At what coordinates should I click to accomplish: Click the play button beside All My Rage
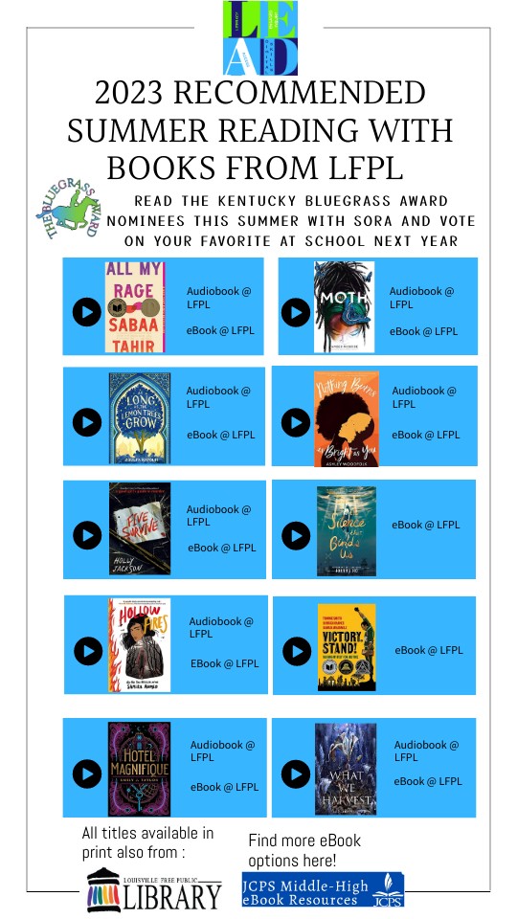(x=86, y=312)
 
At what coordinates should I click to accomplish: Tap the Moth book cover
(x=344, y=306)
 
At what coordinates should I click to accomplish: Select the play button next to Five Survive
(x=87, y=534)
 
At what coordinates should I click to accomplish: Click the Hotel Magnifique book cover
(x=139, y=769)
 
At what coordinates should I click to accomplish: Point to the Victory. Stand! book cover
(x=347, y=647)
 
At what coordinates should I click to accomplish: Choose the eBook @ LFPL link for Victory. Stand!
(x=428, y=650)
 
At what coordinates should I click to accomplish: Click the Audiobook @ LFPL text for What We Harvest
(x=426, y=751)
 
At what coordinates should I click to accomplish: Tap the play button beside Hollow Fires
(x=88, y=652)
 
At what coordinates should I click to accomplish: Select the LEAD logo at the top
(x=260, y=38)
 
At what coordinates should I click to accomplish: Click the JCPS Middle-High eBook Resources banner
(x=323, y=889)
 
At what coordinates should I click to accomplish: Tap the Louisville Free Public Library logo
(x=154, y=888)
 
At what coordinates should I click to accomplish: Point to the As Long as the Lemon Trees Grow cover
(x=140, y=418)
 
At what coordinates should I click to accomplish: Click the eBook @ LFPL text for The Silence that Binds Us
(x=425, y=525)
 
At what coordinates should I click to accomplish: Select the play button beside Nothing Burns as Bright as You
(x=295, y=422)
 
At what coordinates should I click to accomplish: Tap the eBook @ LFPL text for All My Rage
(x=220, y=331)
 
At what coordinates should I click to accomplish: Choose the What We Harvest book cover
(x=346, y=769)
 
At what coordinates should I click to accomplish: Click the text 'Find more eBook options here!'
(x=304, y=849)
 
